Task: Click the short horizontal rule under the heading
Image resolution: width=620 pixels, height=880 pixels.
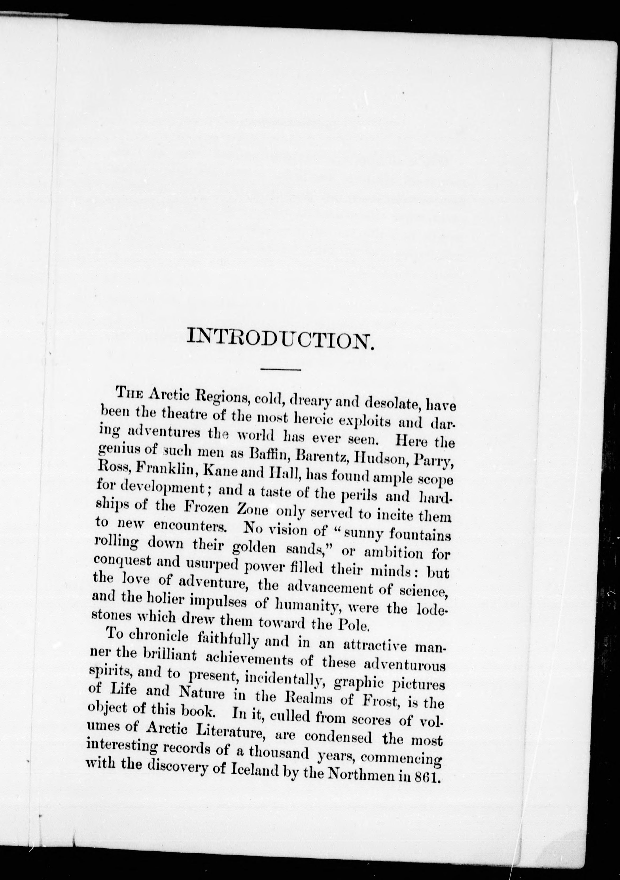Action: click(280, 370)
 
